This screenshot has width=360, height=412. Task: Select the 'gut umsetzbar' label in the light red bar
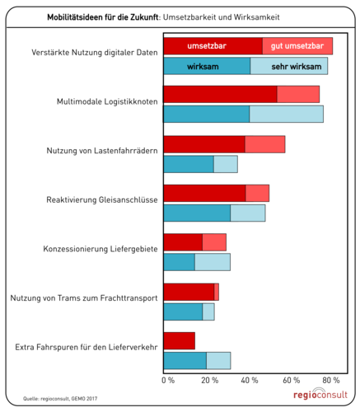pos(297,46)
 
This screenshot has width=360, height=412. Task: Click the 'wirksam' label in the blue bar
pos(203,66)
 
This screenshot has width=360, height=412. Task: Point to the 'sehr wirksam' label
pos(289,66)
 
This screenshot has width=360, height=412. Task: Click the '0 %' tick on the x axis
pos(168,381)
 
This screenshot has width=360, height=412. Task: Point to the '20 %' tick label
pos(209,381)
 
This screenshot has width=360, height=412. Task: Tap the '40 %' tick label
pos(250,381)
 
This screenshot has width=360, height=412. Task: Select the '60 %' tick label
pos(292,381)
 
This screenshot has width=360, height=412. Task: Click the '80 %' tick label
pos(333,381)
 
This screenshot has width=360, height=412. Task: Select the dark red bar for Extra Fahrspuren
pos(179,340)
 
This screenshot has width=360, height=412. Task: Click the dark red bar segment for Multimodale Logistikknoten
pos(220,94)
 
